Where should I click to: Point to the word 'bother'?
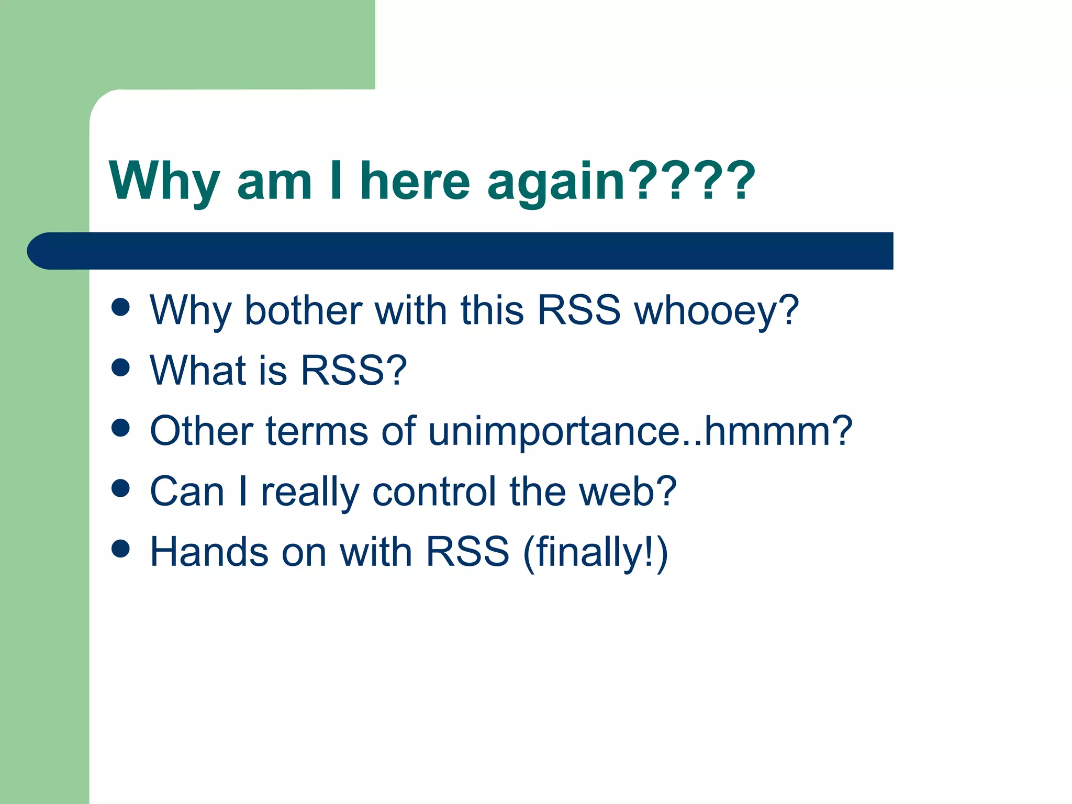tap(303, 310)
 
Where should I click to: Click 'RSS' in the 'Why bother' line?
tap(578, 310)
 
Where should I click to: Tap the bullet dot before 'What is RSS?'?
tap(120, 367)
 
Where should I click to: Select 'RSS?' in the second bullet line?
tap(354, 370)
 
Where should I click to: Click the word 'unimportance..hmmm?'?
tap(640, 431)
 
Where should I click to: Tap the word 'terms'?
tap(317, 431)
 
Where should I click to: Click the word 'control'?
tap(434, 492)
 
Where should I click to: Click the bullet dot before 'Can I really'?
tap(120, 488)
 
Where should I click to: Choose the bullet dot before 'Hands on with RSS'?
tap(120, 549)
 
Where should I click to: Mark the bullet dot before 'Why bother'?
tap(120, 307)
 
